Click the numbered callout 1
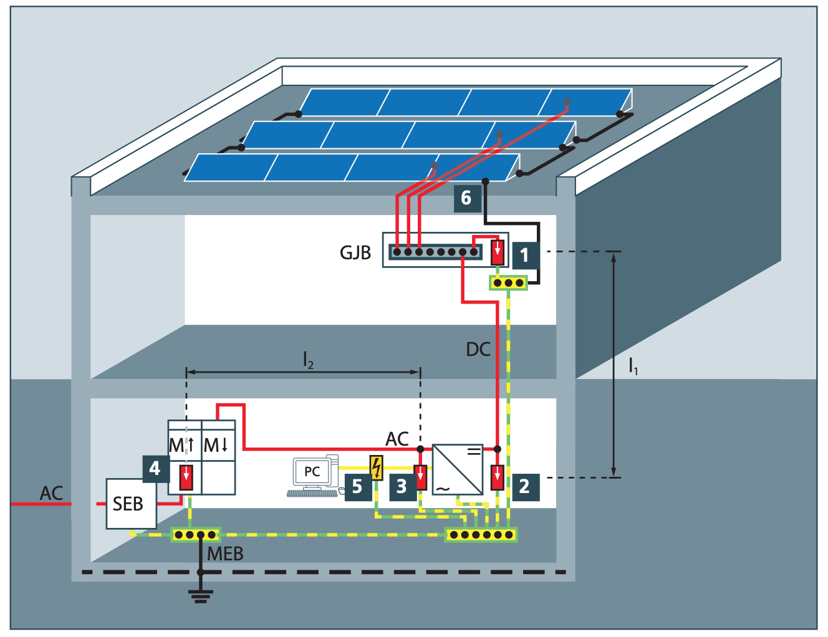point(524,255)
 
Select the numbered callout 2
point(524,486)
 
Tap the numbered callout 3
point(402,486)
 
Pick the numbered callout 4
point(155,469)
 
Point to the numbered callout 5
point(357,486)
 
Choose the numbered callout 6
point(466,198)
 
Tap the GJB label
point(355,253)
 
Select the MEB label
point(225,553)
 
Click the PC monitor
point(312,472)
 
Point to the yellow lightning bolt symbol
point(377,467)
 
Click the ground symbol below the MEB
point(200,595)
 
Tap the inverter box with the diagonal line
point(458,469)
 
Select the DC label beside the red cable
point(478,350)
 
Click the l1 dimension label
point(633,366)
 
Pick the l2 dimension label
point(308,360)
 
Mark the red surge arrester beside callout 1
point(498,252)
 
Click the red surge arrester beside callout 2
point(498,477)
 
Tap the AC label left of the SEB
point(52,494)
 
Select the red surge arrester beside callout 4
point(186,477)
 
